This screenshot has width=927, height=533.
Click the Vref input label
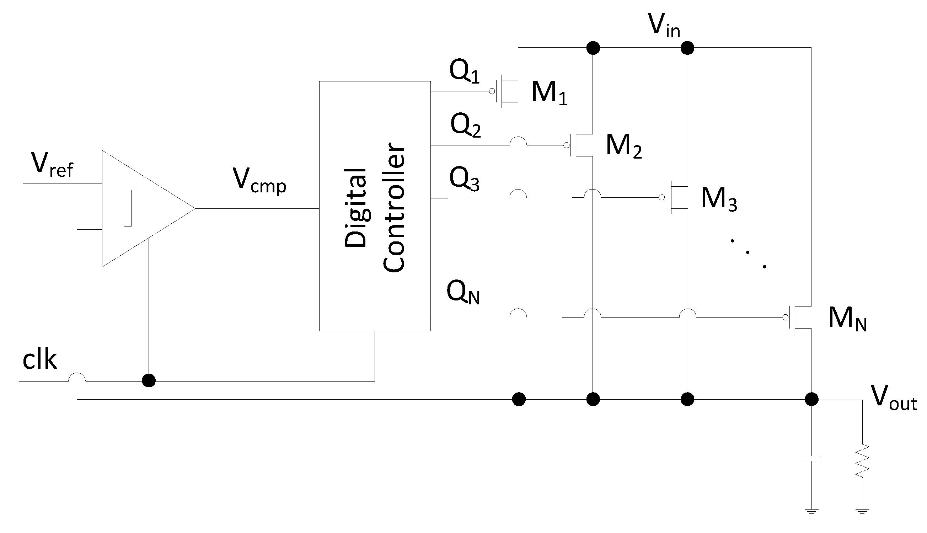tap(52, 165)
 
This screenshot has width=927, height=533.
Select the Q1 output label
tap(464, 72)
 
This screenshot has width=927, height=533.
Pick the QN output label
tap(463, 293)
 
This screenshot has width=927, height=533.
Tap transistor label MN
tap(847, 319)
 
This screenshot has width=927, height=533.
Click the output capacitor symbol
tap(811, 458)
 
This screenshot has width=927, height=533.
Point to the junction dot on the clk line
tap(149, 380)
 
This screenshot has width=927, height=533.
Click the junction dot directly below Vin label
tap(687, 48)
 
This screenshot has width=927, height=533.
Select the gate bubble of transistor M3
tap(661, 198)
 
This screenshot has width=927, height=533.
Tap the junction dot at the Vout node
tap(811, 399)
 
